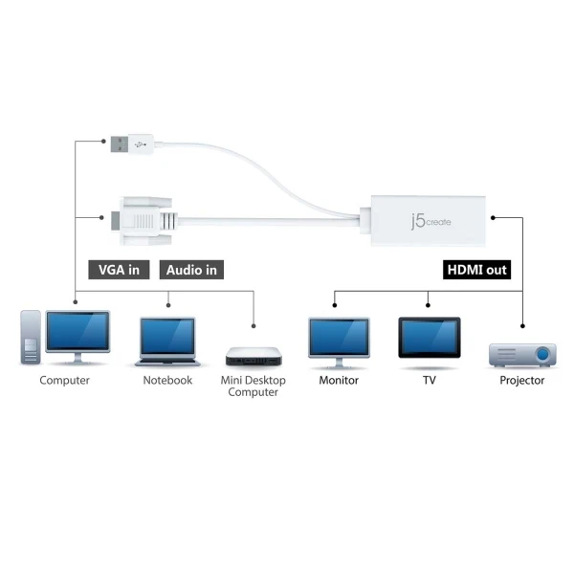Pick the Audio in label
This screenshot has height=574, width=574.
191,270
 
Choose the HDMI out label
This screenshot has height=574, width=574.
476,270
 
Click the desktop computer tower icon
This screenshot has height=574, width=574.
32,338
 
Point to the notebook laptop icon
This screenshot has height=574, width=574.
167,340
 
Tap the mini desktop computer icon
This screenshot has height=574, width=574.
254,357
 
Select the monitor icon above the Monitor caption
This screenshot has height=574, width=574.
339,342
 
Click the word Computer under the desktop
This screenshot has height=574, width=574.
64,381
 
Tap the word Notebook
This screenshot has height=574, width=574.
167,381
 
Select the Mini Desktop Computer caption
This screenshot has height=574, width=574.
253,386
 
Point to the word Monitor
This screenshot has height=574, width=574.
339,381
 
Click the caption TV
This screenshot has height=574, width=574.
429,381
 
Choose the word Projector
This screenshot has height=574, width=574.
522,381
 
